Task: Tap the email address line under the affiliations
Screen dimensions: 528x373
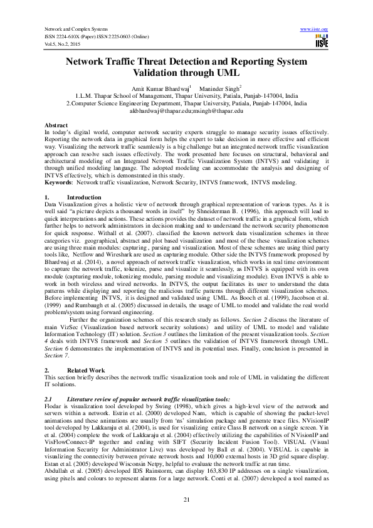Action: pyautogui.click(x=186, y=110)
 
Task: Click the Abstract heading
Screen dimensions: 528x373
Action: pyautogui.click(x=56, y=126)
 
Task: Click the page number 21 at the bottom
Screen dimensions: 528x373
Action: pyautogui.click(x=186, y=499)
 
